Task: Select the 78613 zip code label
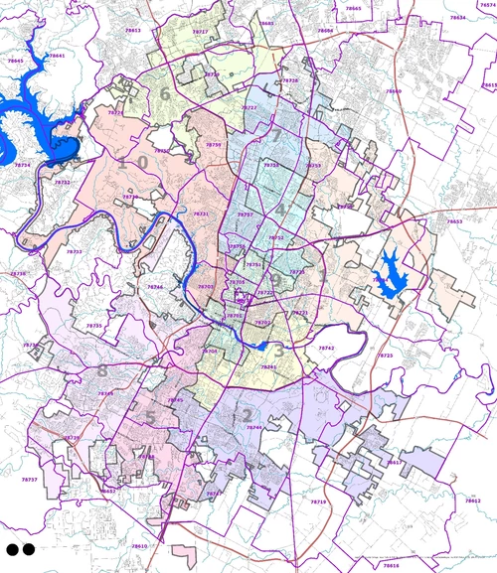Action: (133, 31)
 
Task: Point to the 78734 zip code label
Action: (23, 165)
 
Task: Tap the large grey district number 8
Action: (102, 371)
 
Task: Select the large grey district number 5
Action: (150, 417)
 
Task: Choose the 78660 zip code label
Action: (394, 91)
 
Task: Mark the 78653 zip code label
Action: (454, 221)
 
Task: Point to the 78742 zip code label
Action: (327, 349)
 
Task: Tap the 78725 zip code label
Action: (386, 355)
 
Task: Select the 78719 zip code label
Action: (318, 501)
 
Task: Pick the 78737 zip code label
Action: (30, 479)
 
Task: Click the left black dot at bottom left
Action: (12, 548)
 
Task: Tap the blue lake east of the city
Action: (388, 270)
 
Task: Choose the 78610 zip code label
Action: (139, 545)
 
